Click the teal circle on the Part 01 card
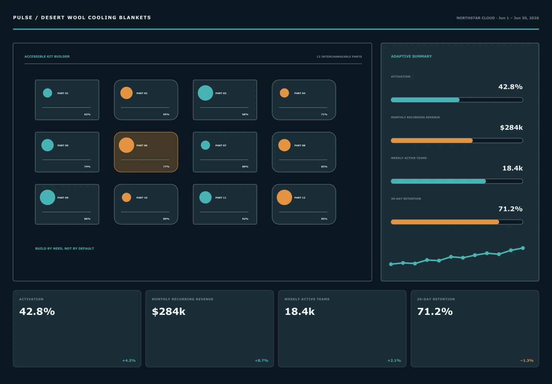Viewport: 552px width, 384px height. click(48, 93)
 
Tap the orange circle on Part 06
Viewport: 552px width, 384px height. click(127, 145)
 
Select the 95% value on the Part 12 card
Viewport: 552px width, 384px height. click(324, 219)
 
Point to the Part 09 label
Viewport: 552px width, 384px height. click(63, 198)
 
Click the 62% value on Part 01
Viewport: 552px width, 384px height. click(87, 114)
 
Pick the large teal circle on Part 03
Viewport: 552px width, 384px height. click(205, 93)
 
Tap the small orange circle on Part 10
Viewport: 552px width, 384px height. click(127, 197)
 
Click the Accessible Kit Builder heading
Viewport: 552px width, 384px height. click(47, 56)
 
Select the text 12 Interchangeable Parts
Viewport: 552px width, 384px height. click(339, 57)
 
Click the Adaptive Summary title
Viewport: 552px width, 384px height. click(411, 56)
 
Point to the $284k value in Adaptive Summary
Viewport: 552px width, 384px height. click(511, 127)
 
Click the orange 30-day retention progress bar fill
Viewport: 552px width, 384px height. click(445, 222)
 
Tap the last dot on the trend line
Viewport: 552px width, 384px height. click(523, 248)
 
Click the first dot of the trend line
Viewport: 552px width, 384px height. click(391, 264)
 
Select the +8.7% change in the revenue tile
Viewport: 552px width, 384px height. click(261, 361)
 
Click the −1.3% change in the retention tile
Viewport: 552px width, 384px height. click(527, 361)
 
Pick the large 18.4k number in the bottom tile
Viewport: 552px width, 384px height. click(300, 311)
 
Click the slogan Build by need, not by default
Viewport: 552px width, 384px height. click(64, 248)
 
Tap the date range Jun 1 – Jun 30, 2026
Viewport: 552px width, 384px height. click(519, 18)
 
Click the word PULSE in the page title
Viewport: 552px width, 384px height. click(23, 18)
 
